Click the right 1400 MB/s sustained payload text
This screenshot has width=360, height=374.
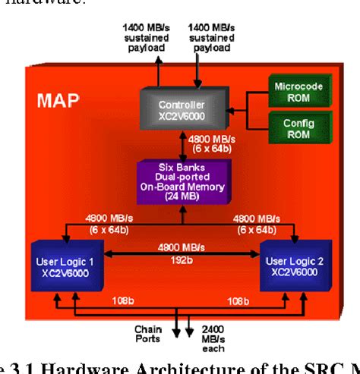tap(210, 36)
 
